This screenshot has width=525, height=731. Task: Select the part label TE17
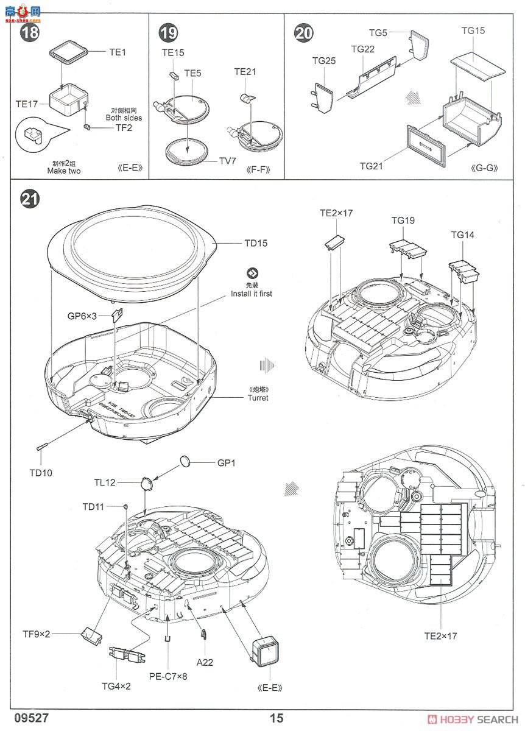pyautogui.click(x=26, y=104)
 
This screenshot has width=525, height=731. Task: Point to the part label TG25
pyautogui.click(x=324, y=61)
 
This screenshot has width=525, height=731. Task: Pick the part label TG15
pyautogui.click(x=473, y=30)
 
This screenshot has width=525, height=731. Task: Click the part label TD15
pyautogui.click(x=256, y=243)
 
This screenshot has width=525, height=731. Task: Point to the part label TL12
pyautogui.click(x=104, y=482)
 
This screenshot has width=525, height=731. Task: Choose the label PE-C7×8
pyautogui.click(x=167, y=676)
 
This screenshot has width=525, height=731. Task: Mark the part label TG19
pyautogui.click(x=403, y=221)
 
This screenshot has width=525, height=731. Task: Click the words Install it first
pyautogui.click(x=251, y=294)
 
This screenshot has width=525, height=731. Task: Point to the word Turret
pyautogui.click(x=258, y=398)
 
